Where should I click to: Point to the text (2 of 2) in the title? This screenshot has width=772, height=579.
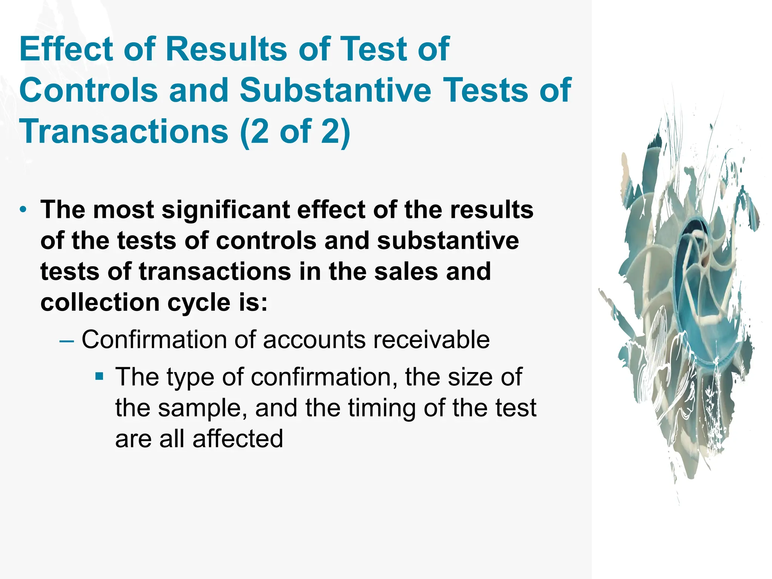click(295, 131)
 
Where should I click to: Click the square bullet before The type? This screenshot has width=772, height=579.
click(99, 376)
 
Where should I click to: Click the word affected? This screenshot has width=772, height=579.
click(237, 439)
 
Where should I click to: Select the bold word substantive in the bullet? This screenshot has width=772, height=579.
click(448, 241)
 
